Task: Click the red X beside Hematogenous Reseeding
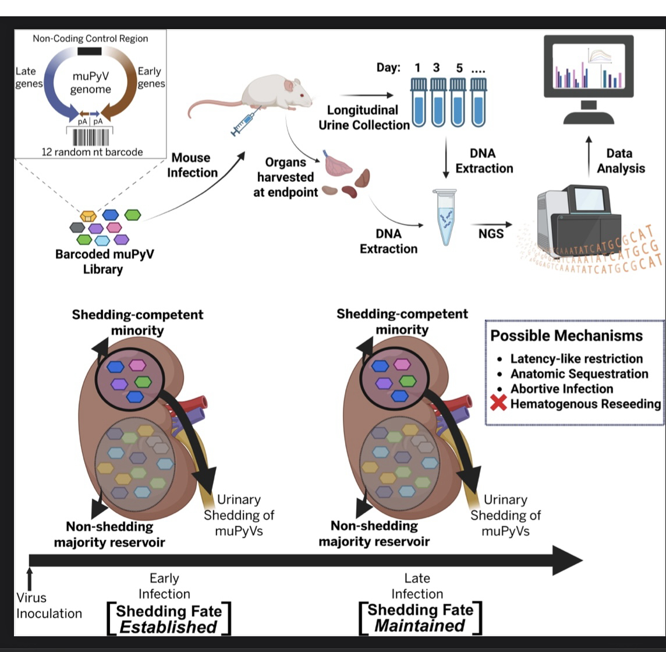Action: click(x=499, y=404)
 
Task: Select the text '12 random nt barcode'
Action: click(x=92, y=152)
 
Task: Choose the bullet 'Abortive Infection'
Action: click(x=562, y=389)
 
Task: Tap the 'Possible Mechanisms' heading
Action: click(x=566, y=336)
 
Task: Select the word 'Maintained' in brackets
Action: click(x=420, y=626)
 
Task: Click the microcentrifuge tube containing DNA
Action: click(x=447, y=217)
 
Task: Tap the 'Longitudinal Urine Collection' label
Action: click(x=369, y=117)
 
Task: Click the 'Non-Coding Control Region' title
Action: click(x=90, y=38)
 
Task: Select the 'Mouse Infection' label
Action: click(x=192, y=165)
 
